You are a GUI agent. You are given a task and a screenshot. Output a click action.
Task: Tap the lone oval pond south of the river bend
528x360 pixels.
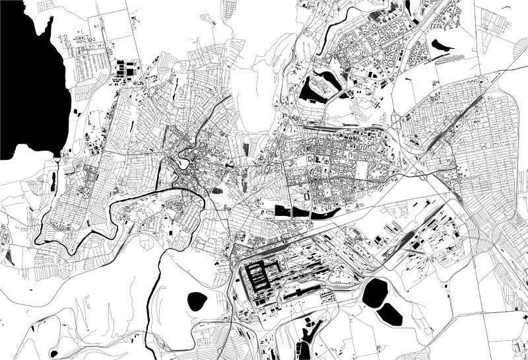click(197, 301)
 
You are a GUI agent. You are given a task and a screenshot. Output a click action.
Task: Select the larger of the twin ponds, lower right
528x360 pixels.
click(375, 290)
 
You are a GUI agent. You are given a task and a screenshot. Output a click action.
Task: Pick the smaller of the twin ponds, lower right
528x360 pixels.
click(391, 315)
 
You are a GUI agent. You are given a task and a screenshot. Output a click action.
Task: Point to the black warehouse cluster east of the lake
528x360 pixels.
click(125, 69)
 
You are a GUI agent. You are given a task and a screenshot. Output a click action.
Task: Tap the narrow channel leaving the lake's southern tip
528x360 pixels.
click(61, 159)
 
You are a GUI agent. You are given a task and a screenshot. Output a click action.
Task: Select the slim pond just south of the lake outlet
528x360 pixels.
click(53, 182)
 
